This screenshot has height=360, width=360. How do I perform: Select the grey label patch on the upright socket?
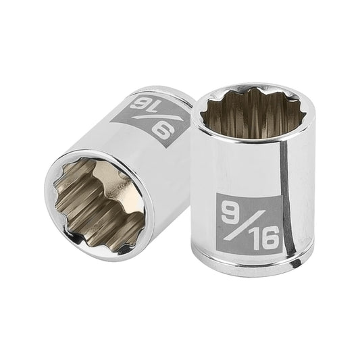click(x=248, y=224)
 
